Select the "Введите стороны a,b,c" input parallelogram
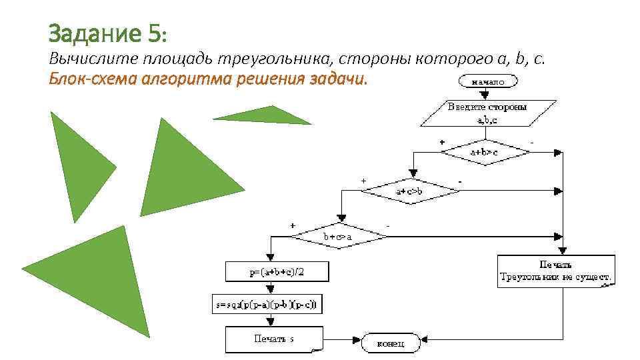487,113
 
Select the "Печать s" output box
274,339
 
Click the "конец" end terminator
392,343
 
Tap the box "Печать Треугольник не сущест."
557,271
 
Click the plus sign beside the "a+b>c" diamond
441,142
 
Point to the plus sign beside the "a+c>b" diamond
363,180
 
